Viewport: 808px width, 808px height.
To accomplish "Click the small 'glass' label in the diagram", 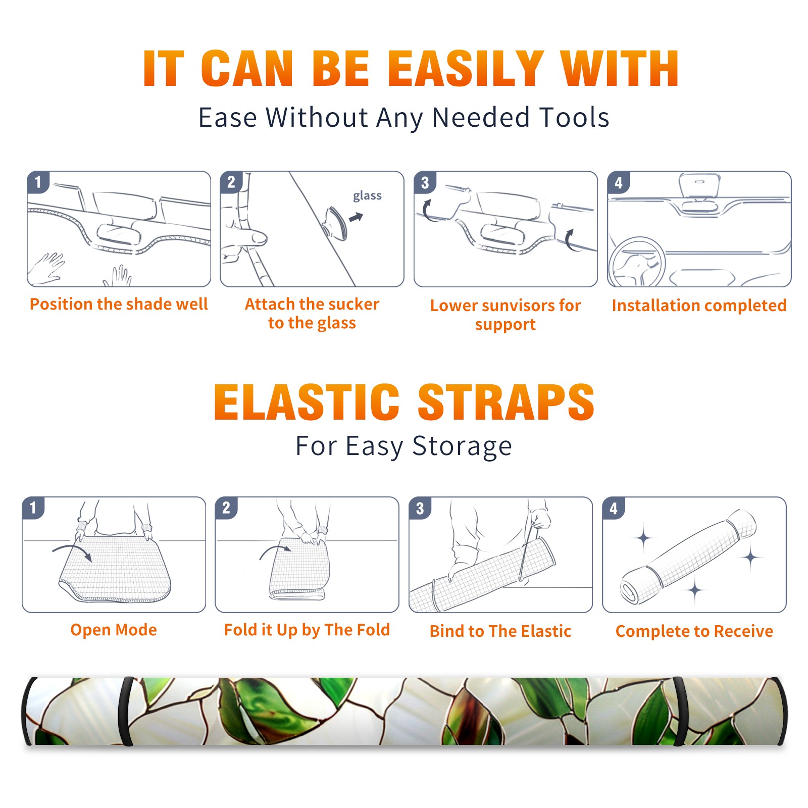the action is click(367, 196).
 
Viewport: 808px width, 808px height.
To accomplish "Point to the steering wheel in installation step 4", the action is click(636, 262).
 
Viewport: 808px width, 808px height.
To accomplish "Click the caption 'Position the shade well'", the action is click(119, 304).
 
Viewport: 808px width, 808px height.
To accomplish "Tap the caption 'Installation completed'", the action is click(699, 305).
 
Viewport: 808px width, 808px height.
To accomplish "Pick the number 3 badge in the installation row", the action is click(425, 182).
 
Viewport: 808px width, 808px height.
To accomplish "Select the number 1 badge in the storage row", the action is click(33, 508).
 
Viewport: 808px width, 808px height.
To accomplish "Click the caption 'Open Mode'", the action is click(114, 630).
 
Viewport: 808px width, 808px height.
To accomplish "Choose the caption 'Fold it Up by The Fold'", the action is click(307, 630).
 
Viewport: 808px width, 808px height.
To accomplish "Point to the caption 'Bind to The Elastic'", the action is click(500, 631).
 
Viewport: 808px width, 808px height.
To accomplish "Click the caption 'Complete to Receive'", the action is click(694, 631).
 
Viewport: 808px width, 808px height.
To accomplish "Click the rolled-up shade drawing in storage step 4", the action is click(688, 557).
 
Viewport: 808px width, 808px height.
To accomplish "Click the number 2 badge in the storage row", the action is click(226, 508).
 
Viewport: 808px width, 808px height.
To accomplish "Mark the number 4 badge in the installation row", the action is click(619, 182).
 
